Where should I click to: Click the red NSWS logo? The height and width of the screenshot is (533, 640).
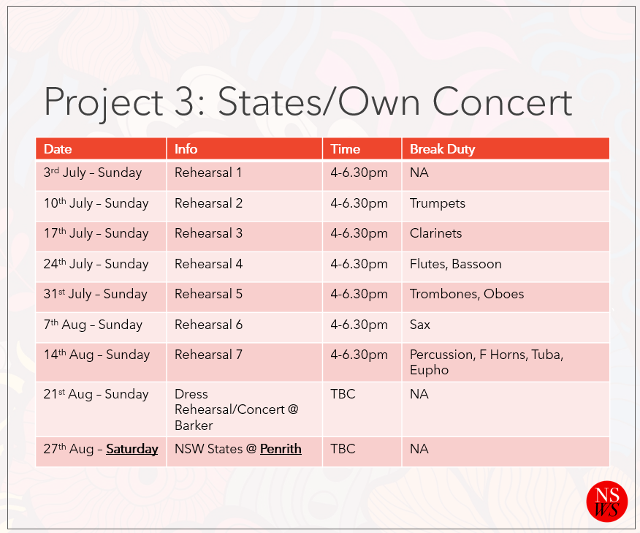(607, 502)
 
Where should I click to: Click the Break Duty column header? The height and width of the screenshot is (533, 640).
(443, 149)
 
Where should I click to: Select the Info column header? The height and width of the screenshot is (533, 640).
(186, 149)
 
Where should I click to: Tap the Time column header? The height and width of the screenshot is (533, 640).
(346, 149)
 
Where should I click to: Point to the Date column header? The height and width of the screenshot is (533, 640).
(58, 149)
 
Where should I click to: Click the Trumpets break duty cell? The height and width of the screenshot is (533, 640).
(438, 203)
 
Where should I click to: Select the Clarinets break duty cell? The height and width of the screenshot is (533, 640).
(436, 233)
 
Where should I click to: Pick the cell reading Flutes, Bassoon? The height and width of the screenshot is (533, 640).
(455, 264)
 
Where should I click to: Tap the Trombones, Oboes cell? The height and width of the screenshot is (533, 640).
(467, 294)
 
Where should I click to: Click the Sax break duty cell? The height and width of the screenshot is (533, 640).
(420, 325)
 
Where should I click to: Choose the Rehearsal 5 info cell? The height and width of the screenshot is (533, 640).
(208, 294)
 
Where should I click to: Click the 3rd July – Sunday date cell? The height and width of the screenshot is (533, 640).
(93, 173)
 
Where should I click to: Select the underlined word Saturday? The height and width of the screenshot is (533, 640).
(132, 449)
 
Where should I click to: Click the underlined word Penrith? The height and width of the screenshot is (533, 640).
(281, 449)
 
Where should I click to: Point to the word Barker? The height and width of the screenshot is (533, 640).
(194, 426)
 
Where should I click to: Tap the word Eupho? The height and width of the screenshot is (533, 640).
(429, 371)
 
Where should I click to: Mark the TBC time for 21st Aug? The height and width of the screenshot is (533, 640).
(343, 394)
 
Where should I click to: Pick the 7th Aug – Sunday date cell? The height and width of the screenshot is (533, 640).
(93, 325)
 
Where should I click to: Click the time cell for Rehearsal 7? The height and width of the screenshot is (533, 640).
(359, 355)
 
